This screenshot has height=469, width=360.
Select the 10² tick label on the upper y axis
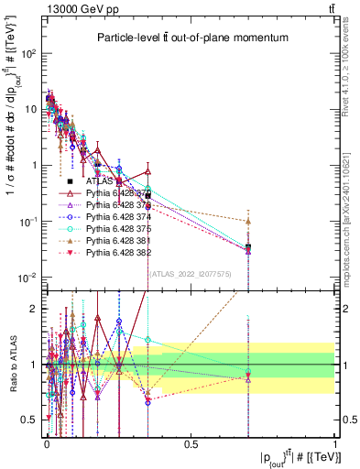[27, 53]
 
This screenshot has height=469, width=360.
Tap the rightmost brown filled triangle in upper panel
[248, 221]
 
